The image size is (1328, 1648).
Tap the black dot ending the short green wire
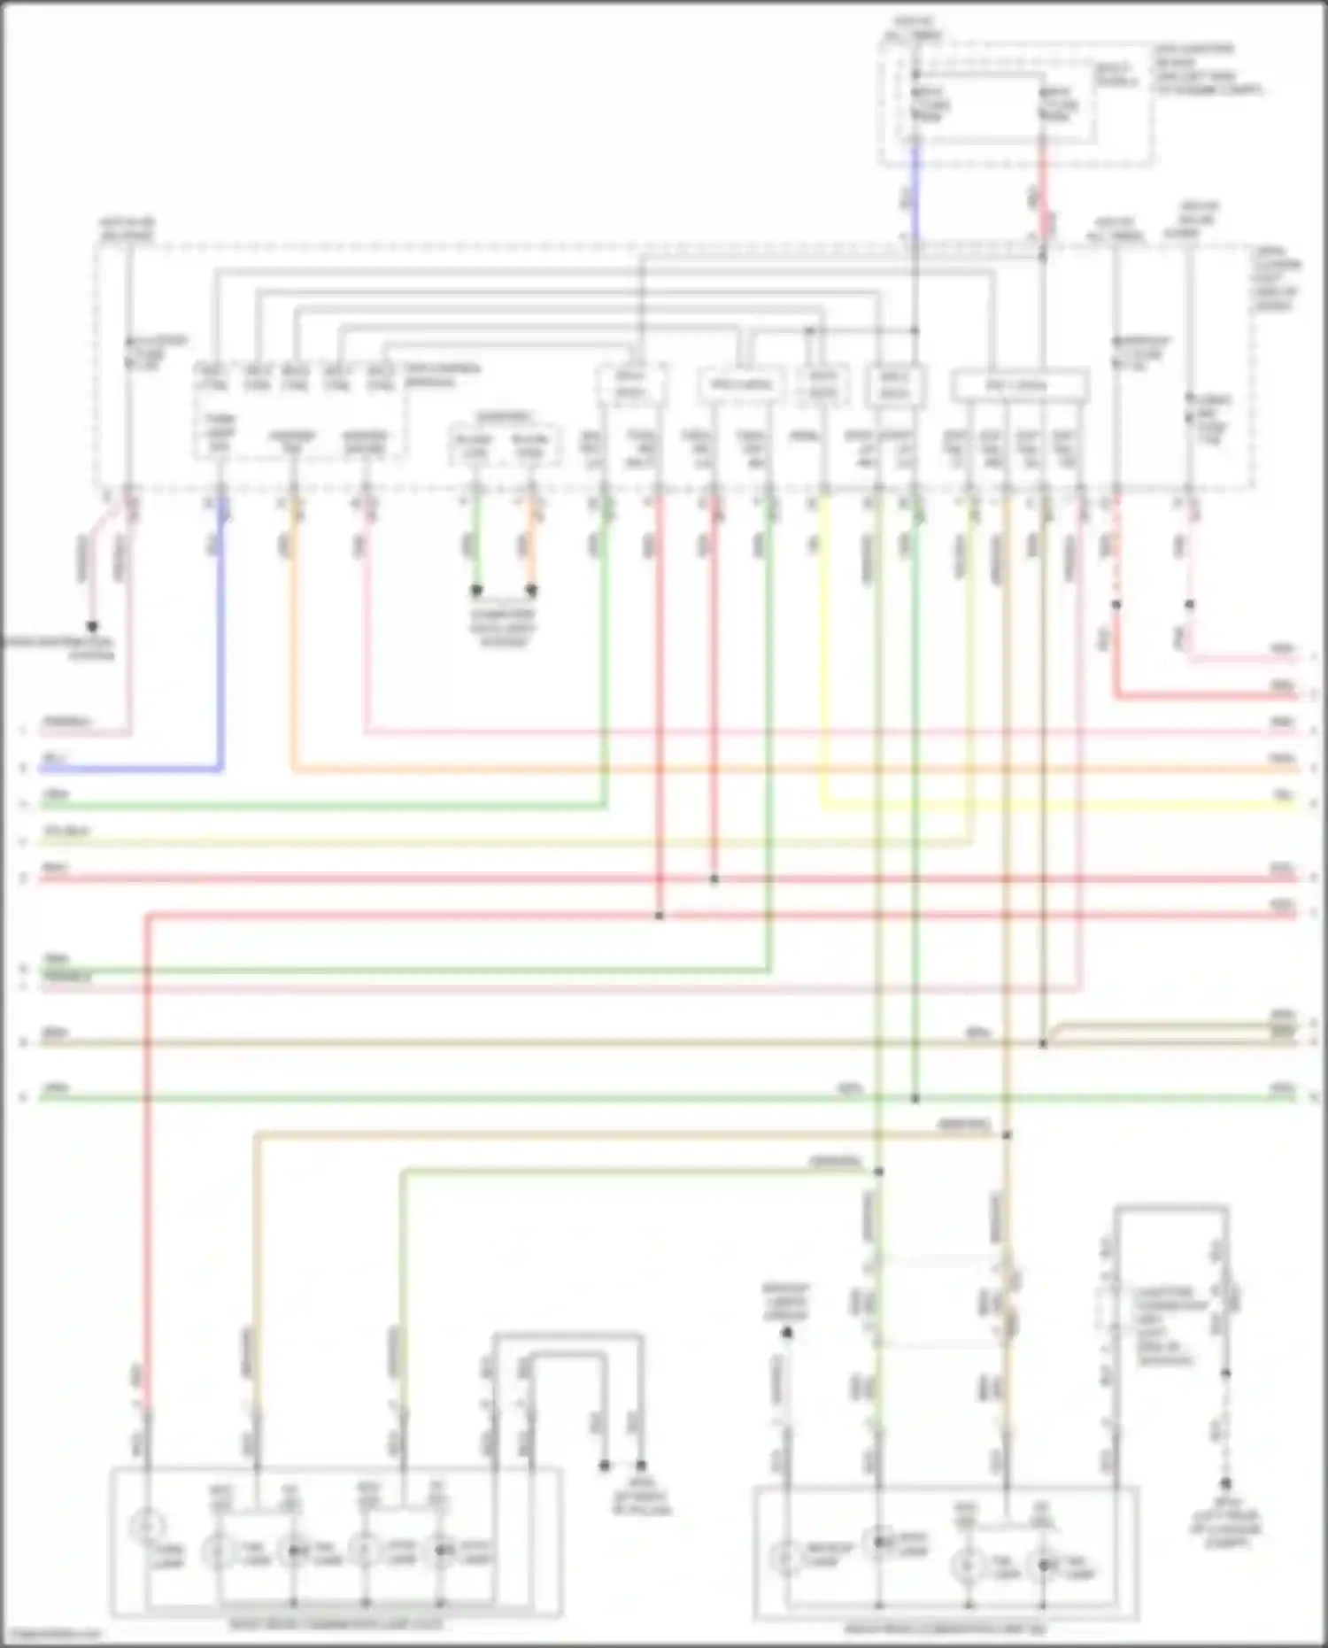(x=476, y=590)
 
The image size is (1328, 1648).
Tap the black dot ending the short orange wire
(x=532, y=590)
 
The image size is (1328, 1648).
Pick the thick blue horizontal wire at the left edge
(x=133, y=770)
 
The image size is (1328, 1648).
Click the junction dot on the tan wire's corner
(x=1007, y=1134)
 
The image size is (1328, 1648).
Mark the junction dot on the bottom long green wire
(x=915, y=1098)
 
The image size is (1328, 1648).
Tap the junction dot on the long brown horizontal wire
(x=1044, y=1043)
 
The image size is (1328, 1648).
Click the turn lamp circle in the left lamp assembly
(x=147, y=1526)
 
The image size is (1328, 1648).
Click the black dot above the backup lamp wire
(x=786, y=1332)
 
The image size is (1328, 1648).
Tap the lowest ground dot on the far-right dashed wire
(x=1225, y=1482)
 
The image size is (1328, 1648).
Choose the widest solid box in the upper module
(x=1019, y=386)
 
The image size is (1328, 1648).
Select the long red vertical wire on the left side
(x=148, y=1151)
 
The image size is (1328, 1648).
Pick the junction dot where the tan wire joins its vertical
(x=1007, y=1134)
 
